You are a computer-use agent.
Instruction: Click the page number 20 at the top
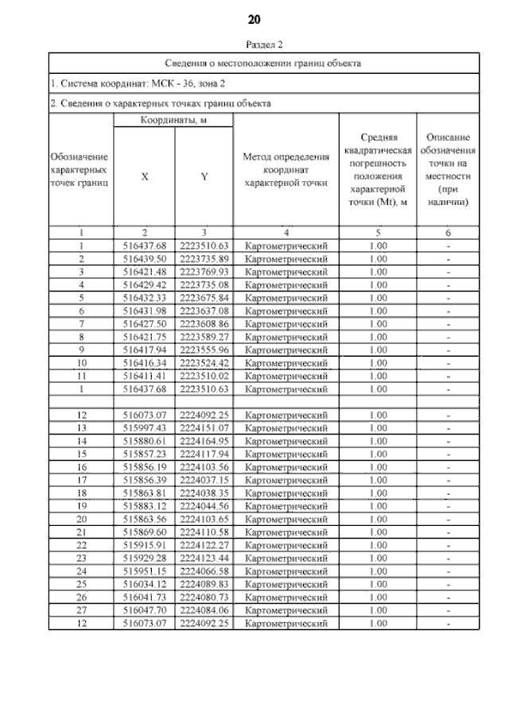[x=254, y=18]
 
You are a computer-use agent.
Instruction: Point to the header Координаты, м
[x=172, y=120]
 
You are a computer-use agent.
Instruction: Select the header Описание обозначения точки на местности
[x=449, y=169]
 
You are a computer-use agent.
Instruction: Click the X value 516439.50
[x=144, y=259]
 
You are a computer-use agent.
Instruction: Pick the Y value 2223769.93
[x=204, y=272]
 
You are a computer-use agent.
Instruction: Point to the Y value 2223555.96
[x=204, y=350]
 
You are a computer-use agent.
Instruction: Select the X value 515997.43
[x=144, y=428]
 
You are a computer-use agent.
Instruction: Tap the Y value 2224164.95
[x=204, y=441]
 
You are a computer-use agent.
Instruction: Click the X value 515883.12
[x=144, y=506]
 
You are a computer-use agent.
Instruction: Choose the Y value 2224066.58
[x=204, y=571]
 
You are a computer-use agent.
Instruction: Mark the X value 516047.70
[x=144, y=610]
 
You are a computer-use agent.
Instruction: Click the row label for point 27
[x=81, y=610]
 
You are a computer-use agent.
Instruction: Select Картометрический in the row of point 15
[x=286, y=454]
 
